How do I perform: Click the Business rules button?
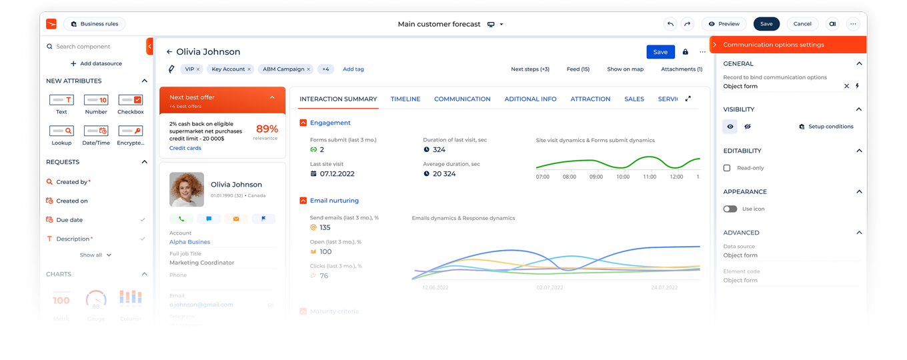click(95, 24)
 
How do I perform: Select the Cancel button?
click(802, 24)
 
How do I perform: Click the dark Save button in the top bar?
click(766, 24)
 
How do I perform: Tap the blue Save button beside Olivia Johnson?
click(660, 52)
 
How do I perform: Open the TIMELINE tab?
click(405, 99)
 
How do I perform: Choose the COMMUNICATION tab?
click(462, 99)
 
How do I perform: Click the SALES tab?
click(634, 99)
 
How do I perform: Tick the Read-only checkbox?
click(727, 168)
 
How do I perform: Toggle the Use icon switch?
click(730, 209)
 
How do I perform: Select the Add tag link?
click(353, 69)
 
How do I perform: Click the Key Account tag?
click(228, 69)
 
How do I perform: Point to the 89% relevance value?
click(267, 129)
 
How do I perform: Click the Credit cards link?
click(185, 148)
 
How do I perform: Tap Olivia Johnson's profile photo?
click(187, 189)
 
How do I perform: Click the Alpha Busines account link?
click(189, 242)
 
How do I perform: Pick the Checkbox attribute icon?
click(130, 100)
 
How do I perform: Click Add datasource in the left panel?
click(96, 64)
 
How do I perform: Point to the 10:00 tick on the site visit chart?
click(623, 177)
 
